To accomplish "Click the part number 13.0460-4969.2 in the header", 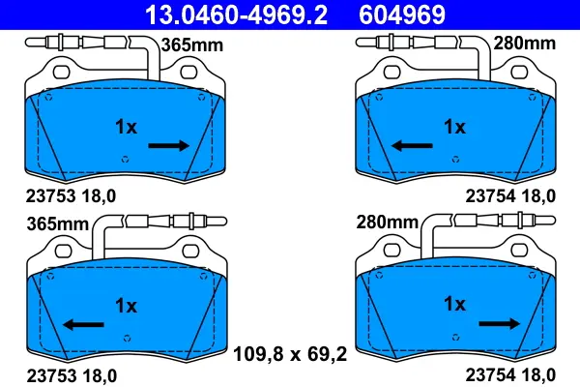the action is click(236, 15).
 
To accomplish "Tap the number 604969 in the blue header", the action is click(402, 15).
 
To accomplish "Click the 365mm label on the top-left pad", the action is click(192, 45).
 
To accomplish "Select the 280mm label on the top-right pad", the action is click(525, 44).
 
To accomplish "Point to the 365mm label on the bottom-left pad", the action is click(58, 224).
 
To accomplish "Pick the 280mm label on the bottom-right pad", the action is click(388, 223).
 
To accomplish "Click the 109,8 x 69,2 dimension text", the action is click(290, 354).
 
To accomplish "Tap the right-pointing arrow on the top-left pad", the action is click(168, 145).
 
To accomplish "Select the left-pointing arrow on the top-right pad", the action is click(412, 145).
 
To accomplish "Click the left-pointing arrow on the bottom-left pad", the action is click(83, 325).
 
